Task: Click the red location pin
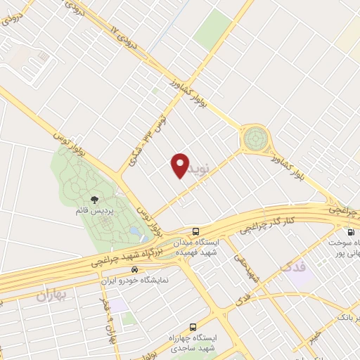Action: click(180, 165)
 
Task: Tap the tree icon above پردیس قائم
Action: click(94, 200)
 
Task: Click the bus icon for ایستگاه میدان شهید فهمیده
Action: click(195, 231)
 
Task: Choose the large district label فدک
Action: click(293, 268)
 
